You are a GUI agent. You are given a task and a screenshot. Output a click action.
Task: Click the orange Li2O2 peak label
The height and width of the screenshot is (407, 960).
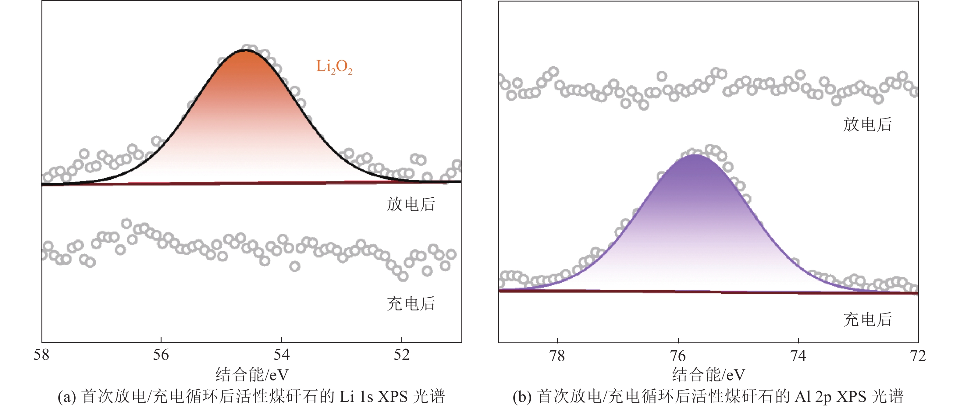334,67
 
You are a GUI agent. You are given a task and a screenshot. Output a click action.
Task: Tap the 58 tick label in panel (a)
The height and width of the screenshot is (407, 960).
41,355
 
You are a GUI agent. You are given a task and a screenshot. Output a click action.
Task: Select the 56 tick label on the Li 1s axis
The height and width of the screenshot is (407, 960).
161,355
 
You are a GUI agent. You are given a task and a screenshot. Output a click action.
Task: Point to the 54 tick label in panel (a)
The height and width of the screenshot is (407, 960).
281,355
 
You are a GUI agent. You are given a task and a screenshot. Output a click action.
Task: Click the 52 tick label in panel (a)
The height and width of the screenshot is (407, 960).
401,355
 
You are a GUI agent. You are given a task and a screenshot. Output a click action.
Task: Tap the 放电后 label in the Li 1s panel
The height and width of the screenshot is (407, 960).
411,204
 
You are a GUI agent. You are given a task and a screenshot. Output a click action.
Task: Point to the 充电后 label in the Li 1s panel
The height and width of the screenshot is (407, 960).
411,303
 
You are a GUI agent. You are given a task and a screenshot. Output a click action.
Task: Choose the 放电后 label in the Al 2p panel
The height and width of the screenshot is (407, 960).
868,124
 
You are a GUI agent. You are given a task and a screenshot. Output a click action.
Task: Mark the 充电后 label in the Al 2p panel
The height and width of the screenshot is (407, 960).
868,320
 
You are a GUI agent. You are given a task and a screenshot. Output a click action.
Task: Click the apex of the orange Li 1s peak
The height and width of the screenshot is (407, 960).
244,51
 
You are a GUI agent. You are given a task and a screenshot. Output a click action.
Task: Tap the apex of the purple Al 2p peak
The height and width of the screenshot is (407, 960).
695,155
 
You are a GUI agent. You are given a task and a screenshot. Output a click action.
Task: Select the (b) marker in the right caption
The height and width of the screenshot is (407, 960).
522,397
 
